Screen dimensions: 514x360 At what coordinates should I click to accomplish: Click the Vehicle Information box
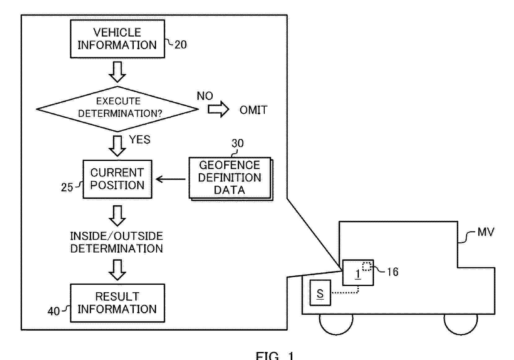coord(117,39)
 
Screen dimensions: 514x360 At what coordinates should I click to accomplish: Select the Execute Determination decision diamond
coord(117,109)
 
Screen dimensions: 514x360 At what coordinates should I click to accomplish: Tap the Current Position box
coord(117,179)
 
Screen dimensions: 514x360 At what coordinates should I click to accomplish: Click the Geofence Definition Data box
coord(231,179)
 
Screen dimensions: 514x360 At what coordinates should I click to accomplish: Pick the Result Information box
coord(117,303)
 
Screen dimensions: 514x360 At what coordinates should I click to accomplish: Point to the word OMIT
coord(253,110)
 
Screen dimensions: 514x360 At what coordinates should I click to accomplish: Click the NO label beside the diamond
coord(205,96)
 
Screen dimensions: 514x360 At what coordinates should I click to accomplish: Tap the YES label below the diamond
coord(140,139)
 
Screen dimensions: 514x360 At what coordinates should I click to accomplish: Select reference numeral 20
coord(181,45)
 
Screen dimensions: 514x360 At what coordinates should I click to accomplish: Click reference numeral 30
coord(237,143)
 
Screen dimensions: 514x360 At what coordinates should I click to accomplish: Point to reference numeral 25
coord(67,187)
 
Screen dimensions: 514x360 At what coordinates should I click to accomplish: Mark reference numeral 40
coord(54,311)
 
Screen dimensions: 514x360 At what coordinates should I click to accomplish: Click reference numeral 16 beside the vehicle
coord(393,272)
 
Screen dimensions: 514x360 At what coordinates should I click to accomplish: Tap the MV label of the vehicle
coord(486,232)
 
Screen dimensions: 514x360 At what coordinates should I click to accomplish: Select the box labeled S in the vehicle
coord(320,293)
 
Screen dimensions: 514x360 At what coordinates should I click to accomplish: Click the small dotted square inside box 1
coord(367,267)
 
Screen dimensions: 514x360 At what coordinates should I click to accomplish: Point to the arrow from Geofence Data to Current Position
coord(171,179)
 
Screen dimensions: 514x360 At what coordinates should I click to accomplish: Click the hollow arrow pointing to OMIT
coord(218,109)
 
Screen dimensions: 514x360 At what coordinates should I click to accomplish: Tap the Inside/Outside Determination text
coord(116,242)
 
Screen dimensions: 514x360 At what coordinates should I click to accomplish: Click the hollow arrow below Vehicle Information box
coord(117,72)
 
